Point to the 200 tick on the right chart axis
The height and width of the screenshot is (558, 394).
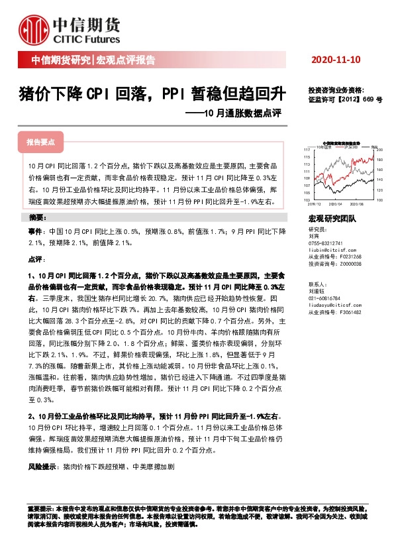(x=379, y=150)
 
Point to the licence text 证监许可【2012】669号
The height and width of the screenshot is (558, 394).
(x=345, y=99)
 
